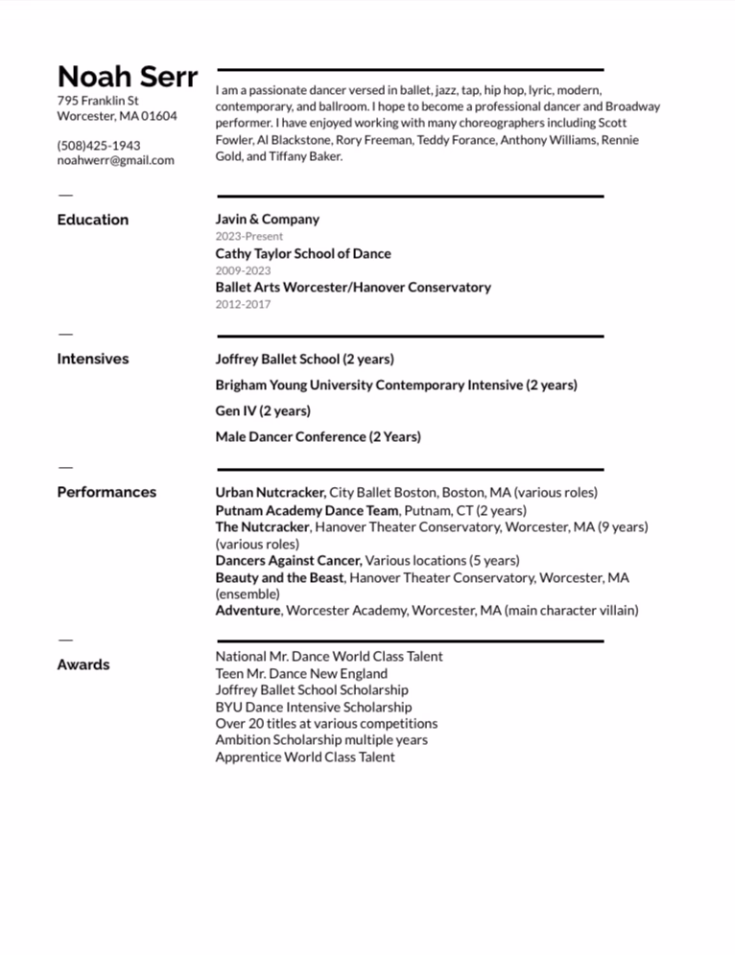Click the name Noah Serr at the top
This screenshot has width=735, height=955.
128,77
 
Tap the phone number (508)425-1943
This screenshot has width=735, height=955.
99,146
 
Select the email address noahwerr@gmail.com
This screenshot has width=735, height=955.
115,160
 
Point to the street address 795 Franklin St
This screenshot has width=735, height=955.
98,100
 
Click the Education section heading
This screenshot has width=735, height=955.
92,220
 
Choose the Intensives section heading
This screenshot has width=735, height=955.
92,359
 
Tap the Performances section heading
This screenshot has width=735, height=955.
106,492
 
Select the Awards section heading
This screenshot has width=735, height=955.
83,664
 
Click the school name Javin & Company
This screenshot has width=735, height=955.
267,219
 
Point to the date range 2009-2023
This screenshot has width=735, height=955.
243,270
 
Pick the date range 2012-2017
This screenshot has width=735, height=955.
243,304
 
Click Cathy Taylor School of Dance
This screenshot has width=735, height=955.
302,253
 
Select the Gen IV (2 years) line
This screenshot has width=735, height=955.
263,410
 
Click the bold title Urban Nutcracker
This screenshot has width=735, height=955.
270,492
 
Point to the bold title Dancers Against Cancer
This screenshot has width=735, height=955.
288,560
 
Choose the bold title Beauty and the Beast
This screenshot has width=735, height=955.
279,577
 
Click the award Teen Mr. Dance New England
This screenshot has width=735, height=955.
301,673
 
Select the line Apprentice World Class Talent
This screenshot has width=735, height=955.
304,757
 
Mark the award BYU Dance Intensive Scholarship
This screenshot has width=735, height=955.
313,707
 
